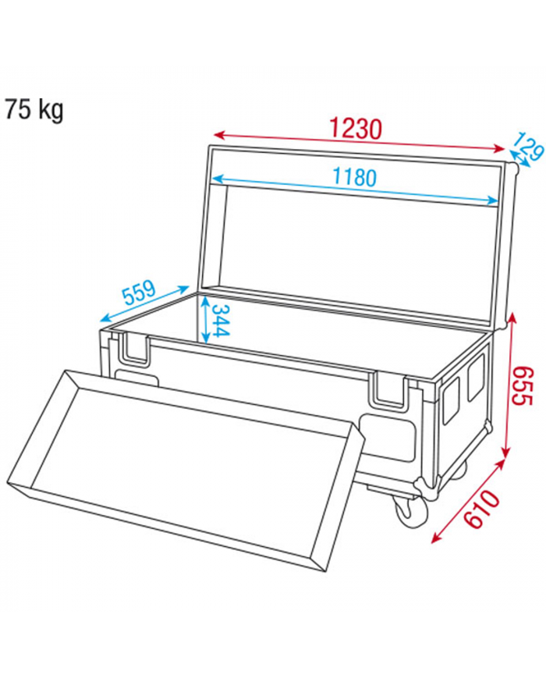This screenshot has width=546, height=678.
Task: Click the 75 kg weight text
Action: tap(34, 110)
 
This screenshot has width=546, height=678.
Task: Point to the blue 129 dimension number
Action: tap(526, 148)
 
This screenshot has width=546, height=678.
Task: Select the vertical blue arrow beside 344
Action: tap(204, 319)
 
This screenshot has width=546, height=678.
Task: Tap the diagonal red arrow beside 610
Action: tap(466, 502)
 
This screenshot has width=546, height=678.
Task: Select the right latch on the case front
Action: tap(389, 389)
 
